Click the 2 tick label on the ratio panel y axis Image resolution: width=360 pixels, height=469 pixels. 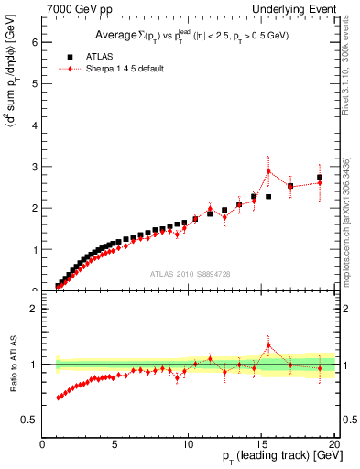[35, 309]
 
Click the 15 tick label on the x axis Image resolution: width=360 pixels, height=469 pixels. [261, 444]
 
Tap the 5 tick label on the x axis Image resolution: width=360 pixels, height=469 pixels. [115, 444]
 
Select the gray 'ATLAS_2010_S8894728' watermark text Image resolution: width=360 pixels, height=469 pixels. [189, 273]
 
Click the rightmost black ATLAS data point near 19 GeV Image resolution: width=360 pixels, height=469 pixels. [320, 178]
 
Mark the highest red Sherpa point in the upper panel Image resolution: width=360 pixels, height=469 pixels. [268, 170]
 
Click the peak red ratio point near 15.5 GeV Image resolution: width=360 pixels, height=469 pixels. [268, 345]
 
